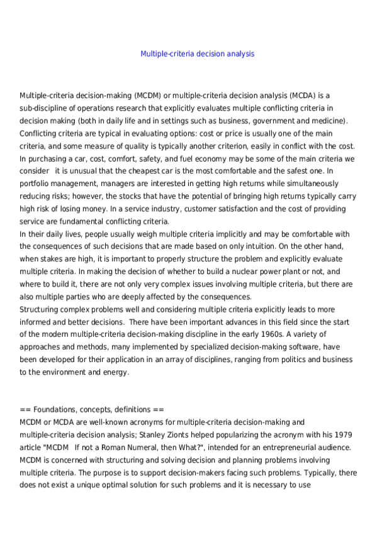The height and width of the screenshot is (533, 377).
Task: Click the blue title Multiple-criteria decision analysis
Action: click(197, 54)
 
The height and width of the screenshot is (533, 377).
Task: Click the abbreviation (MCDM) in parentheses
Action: click(149, 96)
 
